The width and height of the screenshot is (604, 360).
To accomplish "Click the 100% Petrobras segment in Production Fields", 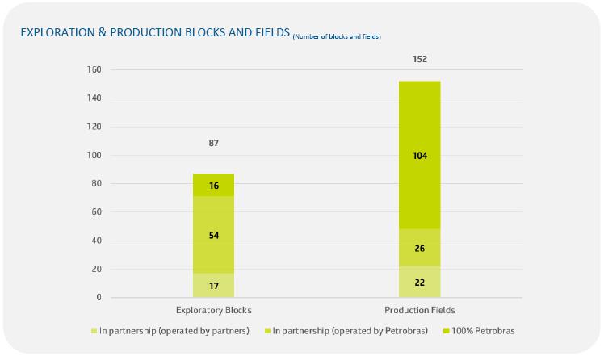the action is point(419,155).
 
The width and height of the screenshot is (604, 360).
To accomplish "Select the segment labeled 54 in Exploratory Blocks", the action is point(213,235).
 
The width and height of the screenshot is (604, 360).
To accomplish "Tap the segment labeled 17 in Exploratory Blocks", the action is point(213,285).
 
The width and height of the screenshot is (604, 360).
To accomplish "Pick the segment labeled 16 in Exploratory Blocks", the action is point(213,185).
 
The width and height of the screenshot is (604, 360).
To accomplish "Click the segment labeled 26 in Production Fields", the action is point(419,248).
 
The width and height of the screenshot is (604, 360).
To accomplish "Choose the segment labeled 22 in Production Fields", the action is point(419,282).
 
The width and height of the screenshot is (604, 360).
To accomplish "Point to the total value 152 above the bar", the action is point(420,59).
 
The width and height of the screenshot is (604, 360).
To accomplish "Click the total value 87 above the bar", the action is point(214,143).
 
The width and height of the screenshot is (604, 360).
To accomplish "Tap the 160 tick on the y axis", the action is point(94,69).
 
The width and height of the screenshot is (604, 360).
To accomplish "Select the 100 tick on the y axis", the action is point(94,155).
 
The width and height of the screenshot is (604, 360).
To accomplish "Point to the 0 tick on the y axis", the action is point(99,297).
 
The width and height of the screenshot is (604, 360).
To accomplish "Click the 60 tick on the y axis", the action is point(96,211).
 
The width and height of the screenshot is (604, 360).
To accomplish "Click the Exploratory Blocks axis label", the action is point(214,310).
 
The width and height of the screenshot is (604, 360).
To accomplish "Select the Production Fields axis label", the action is point(420,310).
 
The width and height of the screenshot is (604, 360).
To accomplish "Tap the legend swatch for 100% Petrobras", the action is point(447,331).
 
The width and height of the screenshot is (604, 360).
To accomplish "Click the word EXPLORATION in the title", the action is point(58,32).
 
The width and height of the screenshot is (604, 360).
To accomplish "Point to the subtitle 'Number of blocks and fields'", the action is point(337,36).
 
